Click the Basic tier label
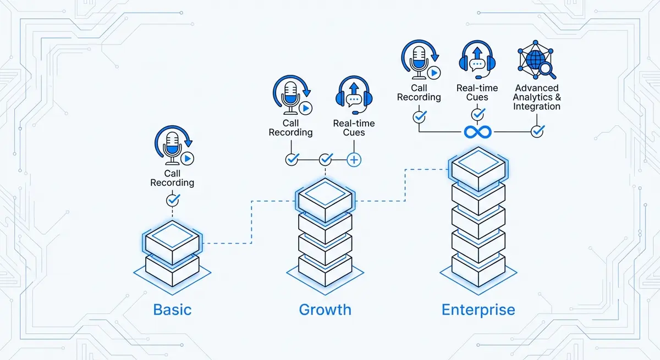(x=173, y=309)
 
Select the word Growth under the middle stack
(x=325, y=309)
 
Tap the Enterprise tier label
(x=479, y=309)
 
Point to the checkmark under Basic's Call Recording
(x=173, y=199)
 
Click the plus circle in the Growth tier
(x=354, y=160)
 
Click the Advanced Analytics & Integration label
(x=536, y=97)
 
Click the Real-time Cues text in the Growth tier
(x=354, y=128)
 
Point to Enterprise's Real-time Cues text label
(x=477, y=92)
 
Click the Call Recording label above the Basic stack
(x=173, y=178)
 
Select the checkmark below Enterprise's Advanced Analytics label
(x=537, y=131)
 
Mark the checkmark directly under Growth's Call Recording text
(x=291, y=159)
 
